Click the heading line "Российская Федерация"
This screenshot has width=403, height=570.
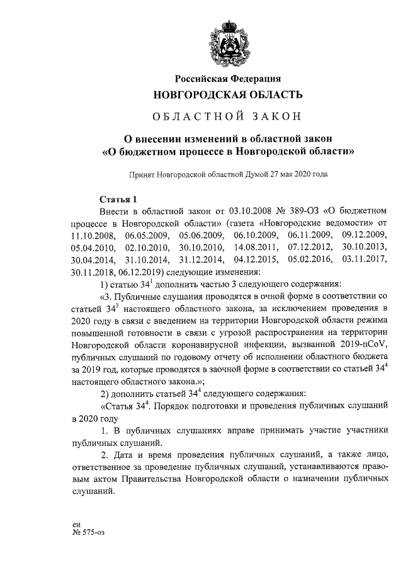[227, 79]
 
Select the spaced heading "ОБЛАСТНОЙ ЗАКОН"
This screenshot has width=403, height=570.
[227, 117]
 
